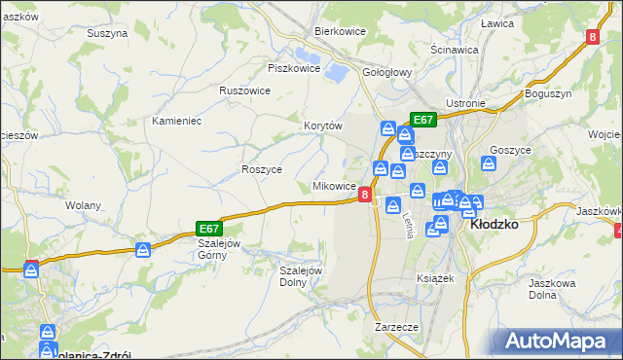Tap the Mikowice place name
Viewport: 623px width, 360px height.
333,186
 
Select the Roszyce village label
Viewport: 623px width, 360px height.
261,168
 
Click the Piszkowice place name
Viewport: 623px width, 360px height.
294,68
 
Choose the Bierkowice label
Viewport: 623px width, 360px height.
339,31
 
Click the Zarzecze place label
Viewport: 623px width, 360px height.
396,327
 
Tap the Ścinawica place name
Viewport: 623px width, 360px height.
454,48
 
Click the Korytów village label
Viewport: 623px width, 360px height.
323,126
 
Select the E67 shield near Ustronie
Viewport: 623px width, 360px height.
422,120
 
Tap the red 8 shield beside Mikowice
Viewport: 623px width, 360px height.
365,195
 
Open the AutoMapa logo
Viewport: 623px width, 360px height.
558,341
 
